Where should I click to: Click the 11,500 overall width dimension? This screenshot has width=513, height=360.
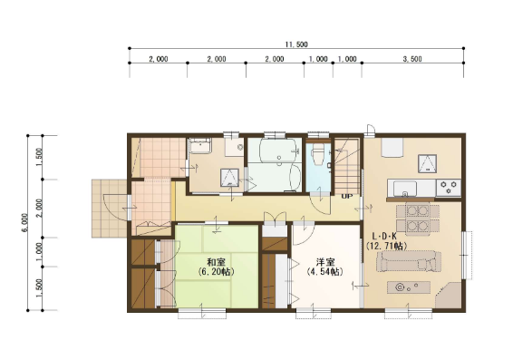(x=296, y=44)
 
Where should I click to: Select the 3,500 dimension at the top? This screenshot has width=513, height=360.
(x=412, y=59)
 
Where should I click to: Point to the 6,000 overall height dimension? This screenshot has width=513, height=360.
(x=25, y=222)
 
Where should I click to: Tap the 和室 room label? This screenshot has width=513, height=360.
(x=217, y=262)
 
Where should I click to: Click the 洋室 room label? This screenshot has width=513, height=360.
(x=325, y=262)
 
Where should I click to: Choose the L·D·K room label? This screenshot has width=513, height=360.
(x=385, y=236)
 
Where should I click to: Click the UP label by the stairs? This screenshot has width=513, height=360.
(x=347, y=197)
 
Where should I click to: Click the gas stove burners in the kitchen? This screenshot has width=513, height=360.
(x=449, y=188)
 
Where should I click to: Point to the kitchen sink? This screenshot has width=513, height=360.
(x=405, y=189)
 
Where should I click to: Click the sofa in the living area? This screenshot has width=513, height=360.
(x=408, y=261)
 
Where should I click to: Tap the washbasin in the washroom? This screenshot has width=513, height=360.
(x=201, y=145)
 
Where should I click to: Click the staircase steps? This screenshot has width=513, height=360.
(x=347, y=166)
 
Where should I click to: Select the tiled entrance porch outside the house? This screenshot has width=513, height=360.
(x=109, y=209)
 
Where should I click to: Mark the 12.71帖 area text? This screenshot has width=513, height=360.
(x=386, y=246)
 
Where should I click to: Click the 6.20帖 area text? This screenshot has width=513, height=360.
(x=217, y=272)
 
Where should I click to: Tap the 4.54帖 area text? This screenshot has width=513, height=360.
(x=325, y=272)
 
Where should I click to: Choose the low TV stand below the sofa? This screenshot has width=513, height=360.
(x=409, y=287)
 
